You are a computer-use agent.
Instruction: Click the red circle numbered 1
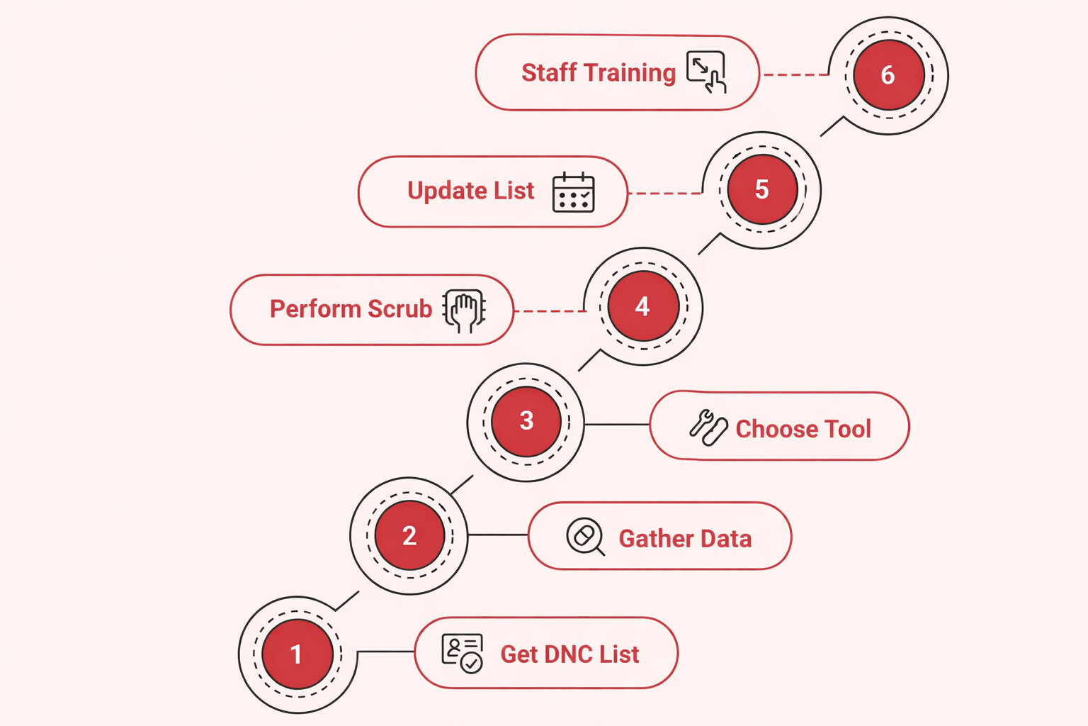coord(297,654)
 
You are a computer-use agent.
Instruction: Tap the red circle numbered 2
coord(409,535)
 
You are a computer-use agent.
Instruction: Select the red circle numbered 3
coord(526,421)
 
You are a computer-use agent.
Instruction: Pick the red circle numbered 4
coord(642,306)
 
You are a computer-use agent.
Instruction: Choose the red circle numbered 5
coord(762,189)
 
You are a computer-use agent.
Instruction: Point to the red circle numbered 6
coord(888,75)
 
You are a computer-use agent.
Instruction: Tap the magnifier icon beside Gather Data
coord(585,537)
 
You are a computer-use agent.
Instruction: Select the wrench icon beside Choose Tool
coord(708,428)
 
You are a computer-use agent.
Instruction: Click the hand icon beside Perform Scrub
coord(464,311)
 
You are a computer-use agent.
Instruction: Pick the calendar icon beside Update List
coord(573,192)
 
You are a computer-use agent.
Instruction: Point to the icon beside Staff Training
coord(706,72)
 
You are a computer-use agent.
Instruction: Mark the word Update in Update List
coord(446,191)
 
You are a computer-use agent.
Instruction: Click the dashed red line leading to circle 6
coord(795,74)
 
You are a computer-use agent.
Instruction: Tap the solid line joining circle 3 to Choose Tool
coord(616,425)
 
